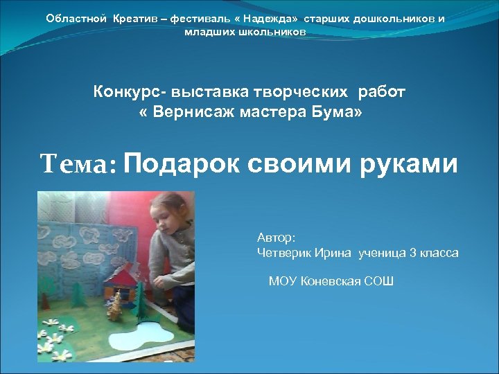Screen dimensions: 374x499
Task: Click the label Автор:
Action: [x=277, y=238]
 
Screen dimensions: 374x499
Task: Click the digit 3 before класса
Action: [x=414, y=253]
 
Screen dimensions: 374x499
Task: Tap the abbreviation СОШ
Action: [x=378, y=283]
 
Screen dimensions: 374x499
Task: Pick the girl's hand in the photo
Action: [x=158, y=283]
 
